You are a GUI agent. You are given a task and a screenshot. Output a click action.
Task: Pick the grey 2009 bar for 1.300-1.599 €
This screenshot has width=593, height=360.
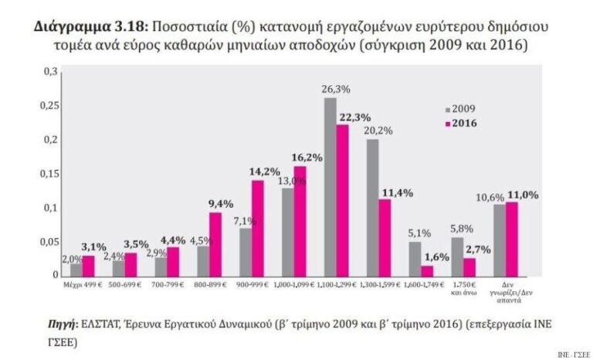tap(372, 207)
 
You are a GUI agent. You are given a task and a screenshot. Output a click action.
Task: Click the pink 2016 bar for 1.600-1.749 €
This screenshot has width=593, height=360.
tap(427, 271)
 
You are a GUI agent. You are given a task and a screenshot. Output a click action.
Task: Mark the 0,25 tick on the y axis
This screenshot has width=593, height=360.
tap(51, 105)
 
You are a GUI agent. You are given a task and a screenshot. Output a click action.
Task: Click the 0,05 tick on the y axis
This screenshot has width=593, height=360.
tap(51, 242)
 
